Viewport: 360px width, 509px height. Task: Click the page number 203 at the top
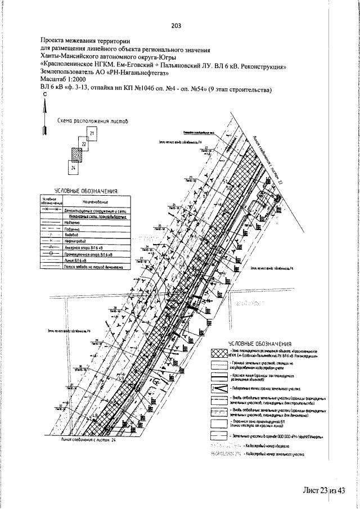(176, 24)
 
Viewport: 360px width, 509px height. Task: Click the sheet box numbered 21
(91, 133)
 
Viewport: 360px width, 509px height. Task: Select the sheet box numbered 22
(83, 145)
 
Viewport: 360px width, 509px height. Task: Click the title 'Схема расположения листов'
(92, 121)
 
